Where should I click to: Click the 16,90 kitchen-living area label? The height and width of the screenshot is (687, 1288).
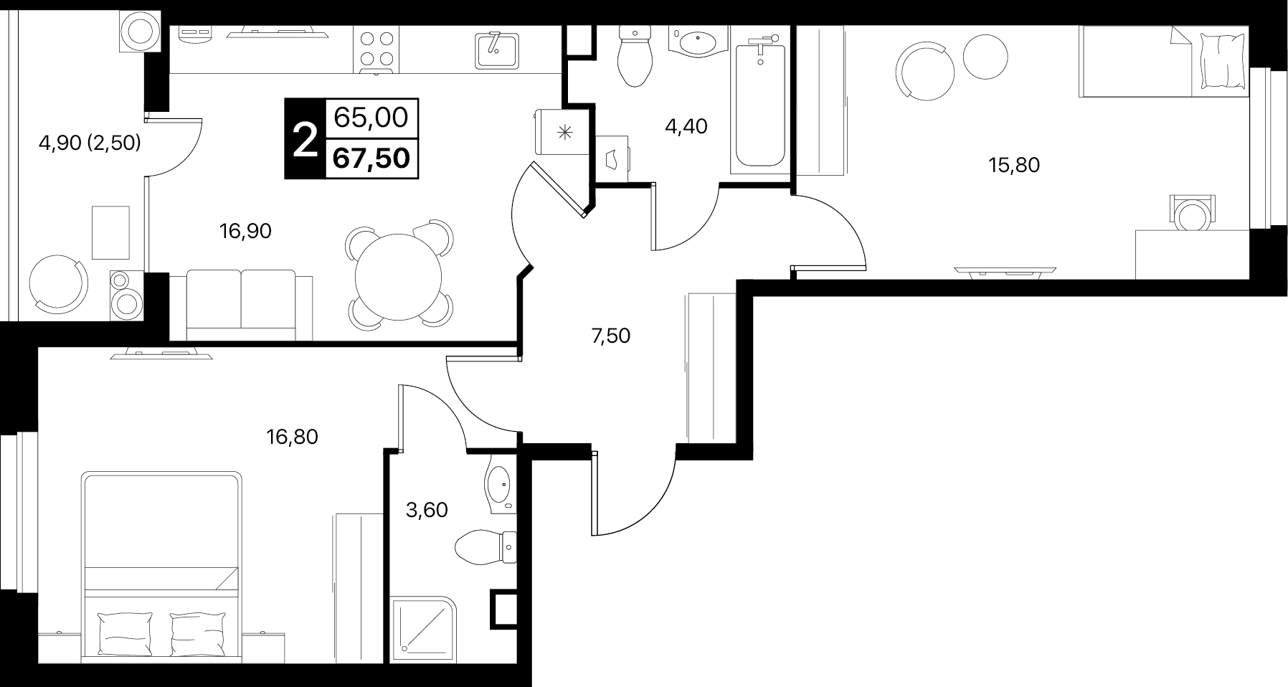(245, 231)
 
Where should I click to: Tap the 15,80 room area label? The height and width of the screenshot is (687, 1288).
(1014, 166)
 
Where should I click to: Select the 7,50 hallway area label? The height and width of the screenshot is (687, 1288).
(610, 336)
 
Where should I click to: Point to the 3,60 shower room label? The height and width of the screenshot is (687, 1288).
(427, 510)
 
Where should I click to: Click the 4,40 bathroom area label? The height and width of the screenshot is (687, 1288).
(686, 127)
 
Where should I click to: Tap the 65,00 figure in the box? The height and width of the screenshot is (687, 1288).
(371, 116)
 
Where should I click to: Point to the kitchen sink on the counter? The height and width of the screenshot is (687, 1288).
(497, 50)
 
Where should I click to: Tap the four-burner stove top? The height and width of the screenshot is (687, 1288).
(377, 50)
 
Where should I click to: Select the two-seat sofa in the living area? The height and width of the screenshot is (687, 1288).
(241, 304)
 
